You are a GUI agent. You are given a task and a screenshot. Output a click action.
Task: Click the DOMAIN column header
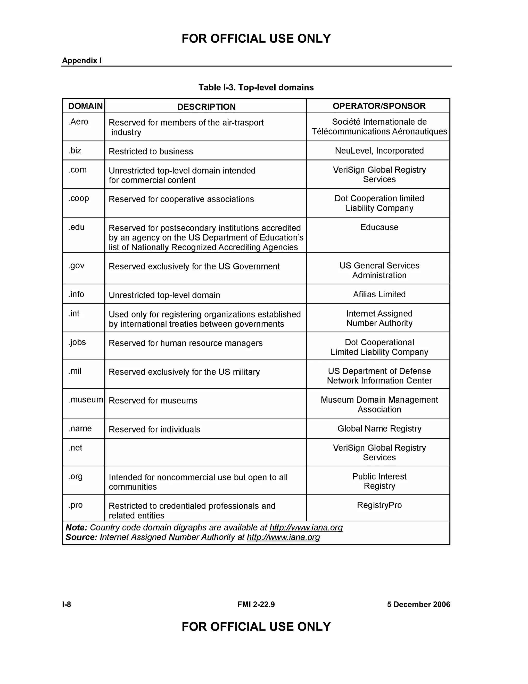click(85, 106)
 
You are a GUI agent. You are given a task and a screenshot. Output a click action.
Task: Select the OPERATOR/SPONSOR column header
click(379, 106)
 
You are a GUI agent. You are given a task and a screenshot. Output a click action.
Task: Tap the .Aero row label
click(78, 122)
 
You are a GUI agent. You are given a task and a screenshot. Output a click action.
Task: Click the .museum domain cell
click(85, 400)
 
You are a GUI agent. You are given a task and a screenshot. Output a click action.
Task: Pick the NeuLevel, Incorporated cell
click(379, 151)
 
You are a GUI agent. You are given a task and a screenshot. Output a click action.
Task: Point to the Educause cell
click(379, 227)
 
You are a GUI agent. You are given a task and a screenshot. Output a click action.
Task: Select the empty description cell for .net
click(205, 452)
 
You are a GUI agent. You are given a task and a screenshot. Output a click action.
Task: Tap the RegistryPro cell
click(379, 505)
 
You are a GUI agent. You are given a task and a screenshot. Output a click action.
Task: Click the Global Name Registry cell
click(379, 428)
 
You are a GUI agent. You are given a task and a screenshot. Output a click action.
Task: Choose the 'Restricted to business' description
click(151, 151)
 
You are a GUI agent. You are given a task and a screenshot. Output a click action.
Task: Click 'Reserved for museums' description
click(153, 401)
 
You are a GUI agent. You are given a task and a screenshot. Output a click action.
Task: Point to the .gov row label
click(76, 266)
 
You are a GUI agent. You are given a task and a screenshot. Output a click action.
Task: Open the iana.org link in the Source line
click(283, 537)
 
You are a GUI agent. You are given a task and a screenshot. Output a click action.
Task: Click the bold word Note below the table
click(76, 528)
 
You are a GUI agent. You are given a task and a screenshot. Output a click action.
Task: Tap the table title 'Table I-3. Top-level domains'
click(256, 88)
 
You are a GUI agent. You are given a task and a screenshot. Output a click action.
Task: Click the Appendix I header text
click(82, 60)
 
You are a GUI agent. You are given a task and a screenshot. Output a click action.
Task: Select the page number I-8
click(67, 604)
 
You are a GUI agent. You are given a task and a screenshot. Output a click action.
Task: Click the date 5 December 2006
click(418, 604)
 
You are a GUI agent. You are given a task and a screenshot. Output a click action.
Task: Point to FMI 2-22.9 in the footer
click(256, 604)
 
